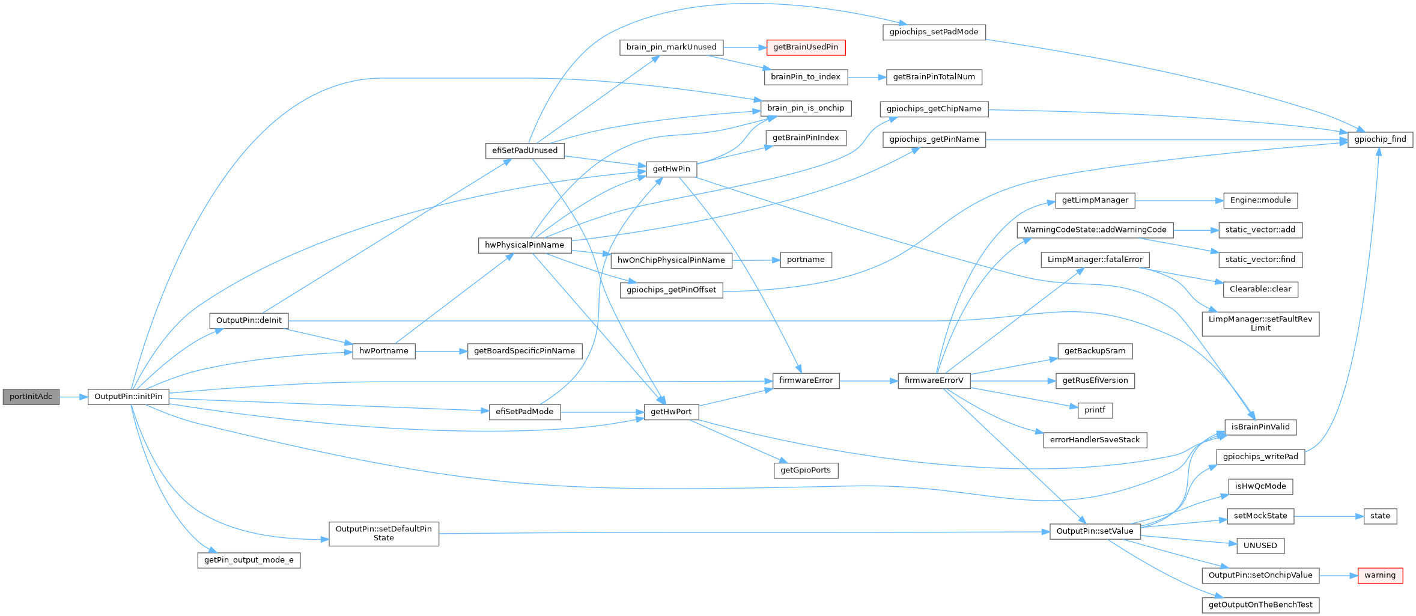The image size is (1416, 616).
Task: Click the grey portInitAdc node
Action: pos(31,397)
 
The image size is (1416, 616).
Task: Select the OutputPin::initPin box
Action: pos(129,397)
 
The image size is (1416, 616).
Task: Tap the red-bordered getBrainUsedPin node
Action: pos(806,47)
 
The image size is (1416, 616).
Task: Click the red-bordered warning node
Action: pos(1380,575)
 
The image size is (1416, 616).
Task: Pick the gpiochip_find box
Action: pos(1380,139)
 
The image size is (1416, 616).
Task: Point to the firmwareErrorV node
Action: pos(934,380)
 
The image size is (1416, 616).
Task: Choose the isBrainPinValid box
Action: pos(1260,427)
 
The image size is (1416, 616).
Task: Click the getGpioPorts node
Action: pos(805,470)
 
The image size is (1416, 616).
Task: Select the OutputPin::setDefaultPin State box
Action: pos(383,533)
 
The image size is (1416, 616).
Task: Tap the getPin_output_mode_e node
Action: pos(249,560)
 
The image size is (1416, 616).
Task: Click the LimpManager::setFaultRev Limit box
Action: pos(1260,323)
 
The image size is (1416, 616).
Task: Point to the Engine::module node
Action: pos(1260,200)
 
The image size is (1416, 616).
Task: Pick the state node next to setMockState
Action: pos(1380,516)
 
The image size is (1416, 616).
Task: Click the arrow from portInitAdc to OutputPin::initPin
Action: pos(74,397)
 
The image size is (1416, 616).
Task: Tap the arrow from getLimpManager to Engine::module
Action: pos(1179,200)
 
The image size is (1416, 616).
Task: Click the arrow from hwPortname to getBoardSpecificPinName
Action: pos(441,351)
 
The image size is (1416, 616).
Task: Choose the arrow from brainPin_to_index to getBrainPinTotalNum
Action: pos(867,77)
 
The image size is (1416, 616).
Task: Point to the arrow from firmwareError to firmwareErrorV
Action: pos(868,380)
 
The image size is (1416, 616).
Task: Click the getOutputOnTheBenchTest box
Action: pos(1260,605)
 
